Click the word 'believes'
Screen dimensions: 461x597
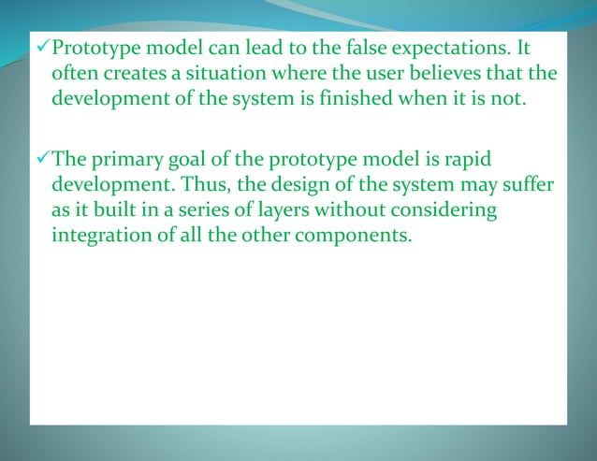click(443, 74)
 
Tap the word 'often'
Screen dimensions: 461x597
click(72, 74)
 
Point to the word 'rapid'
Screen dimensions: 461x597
click(469, 160)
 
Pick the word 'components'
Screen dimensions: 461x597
click(352, 238)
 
